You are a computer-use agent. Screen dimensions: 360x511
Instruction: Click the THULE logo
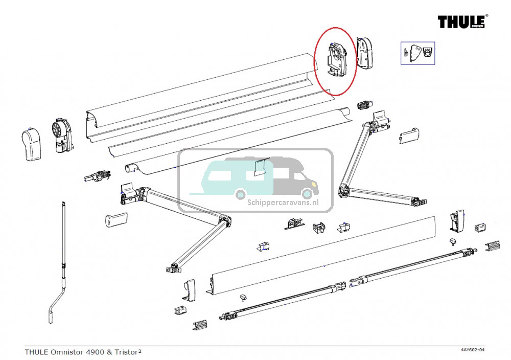pos(462,21)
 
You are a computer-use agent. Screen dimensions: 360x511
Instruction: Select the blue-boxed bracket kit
pos(417,53)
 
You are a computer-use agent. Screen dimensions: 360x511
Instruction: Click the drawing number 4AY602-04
pos(472,350)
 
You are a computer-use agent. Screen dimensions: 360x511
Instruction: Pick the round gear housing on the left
pos(61,135)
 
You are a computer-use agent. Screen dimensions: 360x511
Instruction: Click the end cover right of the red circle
pos(367,53)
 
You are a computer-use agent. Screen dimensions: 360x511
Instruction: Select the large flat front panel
pos(322,256)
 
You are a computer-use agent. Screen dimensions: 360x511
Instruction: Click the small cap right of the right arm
pos(409,136)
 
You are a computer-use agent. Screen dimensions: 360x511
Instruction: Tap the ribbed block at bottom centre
pos(200,325)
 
